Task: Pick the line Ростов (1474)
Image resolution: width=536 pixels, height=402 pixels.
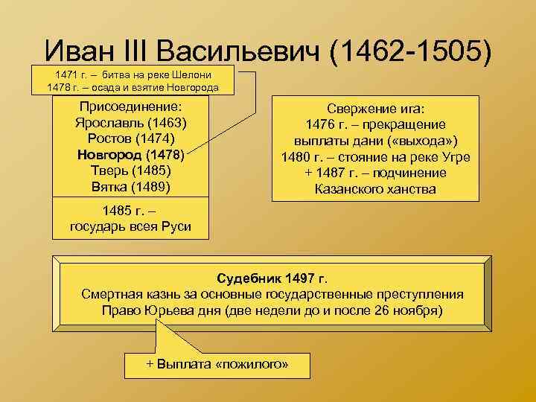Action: click(x=130, y=139)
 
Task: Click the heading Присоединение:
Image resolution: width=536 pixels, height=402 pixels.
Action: click(x=130, y=107)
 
